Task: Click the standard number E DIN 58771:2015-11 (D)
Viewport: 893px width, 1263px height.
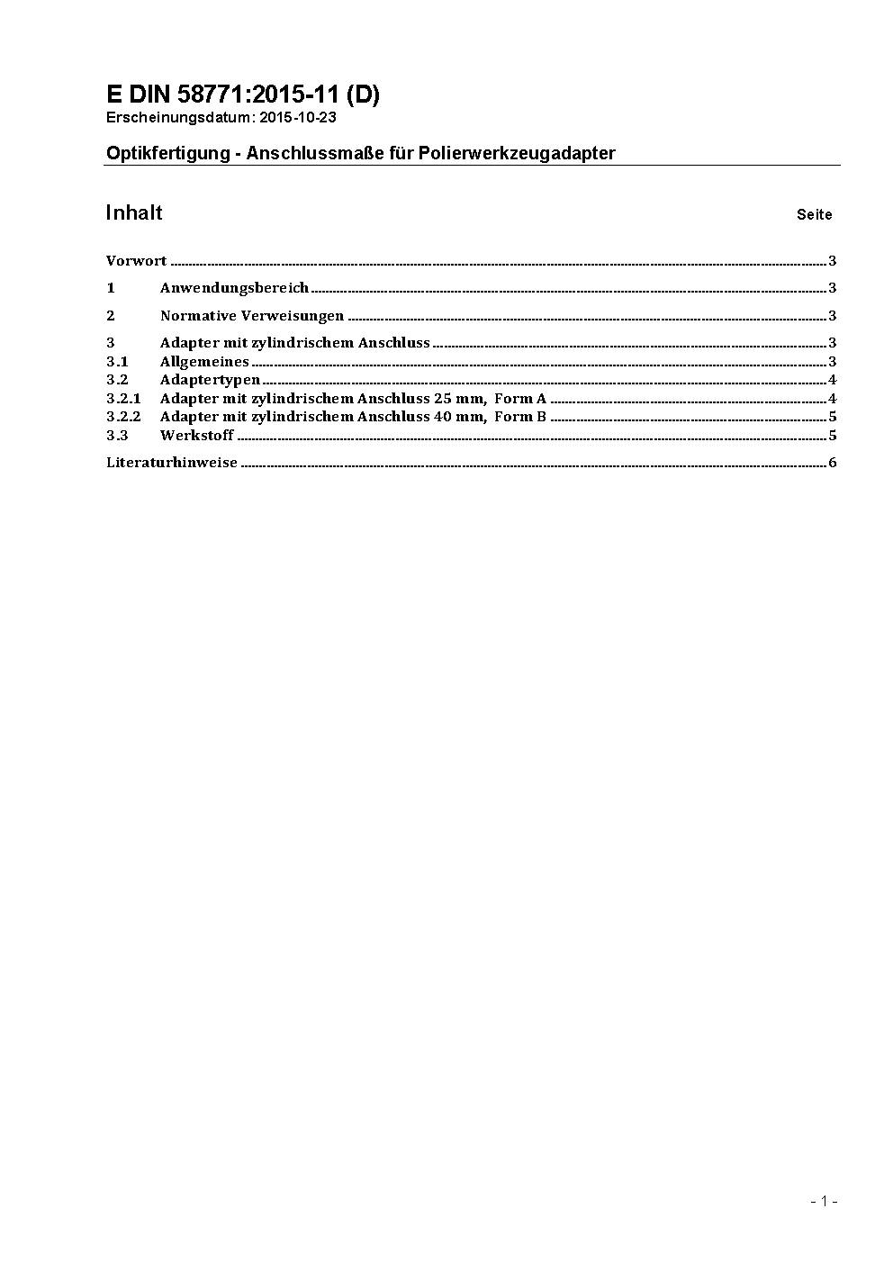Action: [x=242, y=95]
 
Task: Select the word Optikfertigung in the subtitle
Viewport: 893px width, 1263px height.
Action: [x=168, y=153]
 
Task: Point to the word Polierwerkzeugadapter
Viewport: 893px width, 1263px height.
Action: [x=517, y=153]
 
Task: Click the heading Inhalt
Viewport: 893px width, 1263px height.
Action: [x=134, y=212]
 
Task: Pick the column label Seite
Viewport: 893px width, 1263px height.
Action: [x=814, y=214]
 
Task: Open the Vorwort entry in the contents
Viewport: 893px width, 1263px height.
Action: [x=136, y=261]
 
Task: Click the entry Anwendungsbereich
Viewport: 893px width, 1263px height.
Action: [x=234, y=288]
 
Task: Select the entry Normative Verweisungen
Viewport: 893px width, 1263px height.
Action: [x=252, y=315]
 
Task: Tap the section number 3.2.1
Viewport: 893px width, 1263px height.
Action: [x=123, y=398]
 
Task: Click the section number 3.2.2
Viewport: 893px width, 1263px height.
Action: [x=123, y=416]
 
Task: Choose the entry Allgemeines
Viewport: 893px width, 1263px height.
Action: [x=204, y=362]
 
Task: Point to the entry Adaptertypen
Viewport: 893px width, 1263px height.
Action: [x=210, y=380]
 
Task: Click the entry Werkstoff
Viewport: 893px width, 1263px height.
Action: [x=196, y=435]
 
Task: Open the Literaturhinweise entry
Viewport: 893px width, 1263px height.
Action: [x=172, y=463]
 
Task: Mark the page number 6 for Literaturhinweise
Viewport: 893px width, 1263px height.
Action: [x=833, y=463]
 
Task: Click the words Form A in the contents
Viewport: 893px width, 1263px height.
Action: [x=520, y=398]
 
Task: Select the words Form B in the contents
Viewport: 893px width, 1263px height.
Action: [x=520, y=416]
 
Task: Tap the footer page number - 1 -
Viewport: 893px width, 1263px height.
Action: [x=824, y=1201]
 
